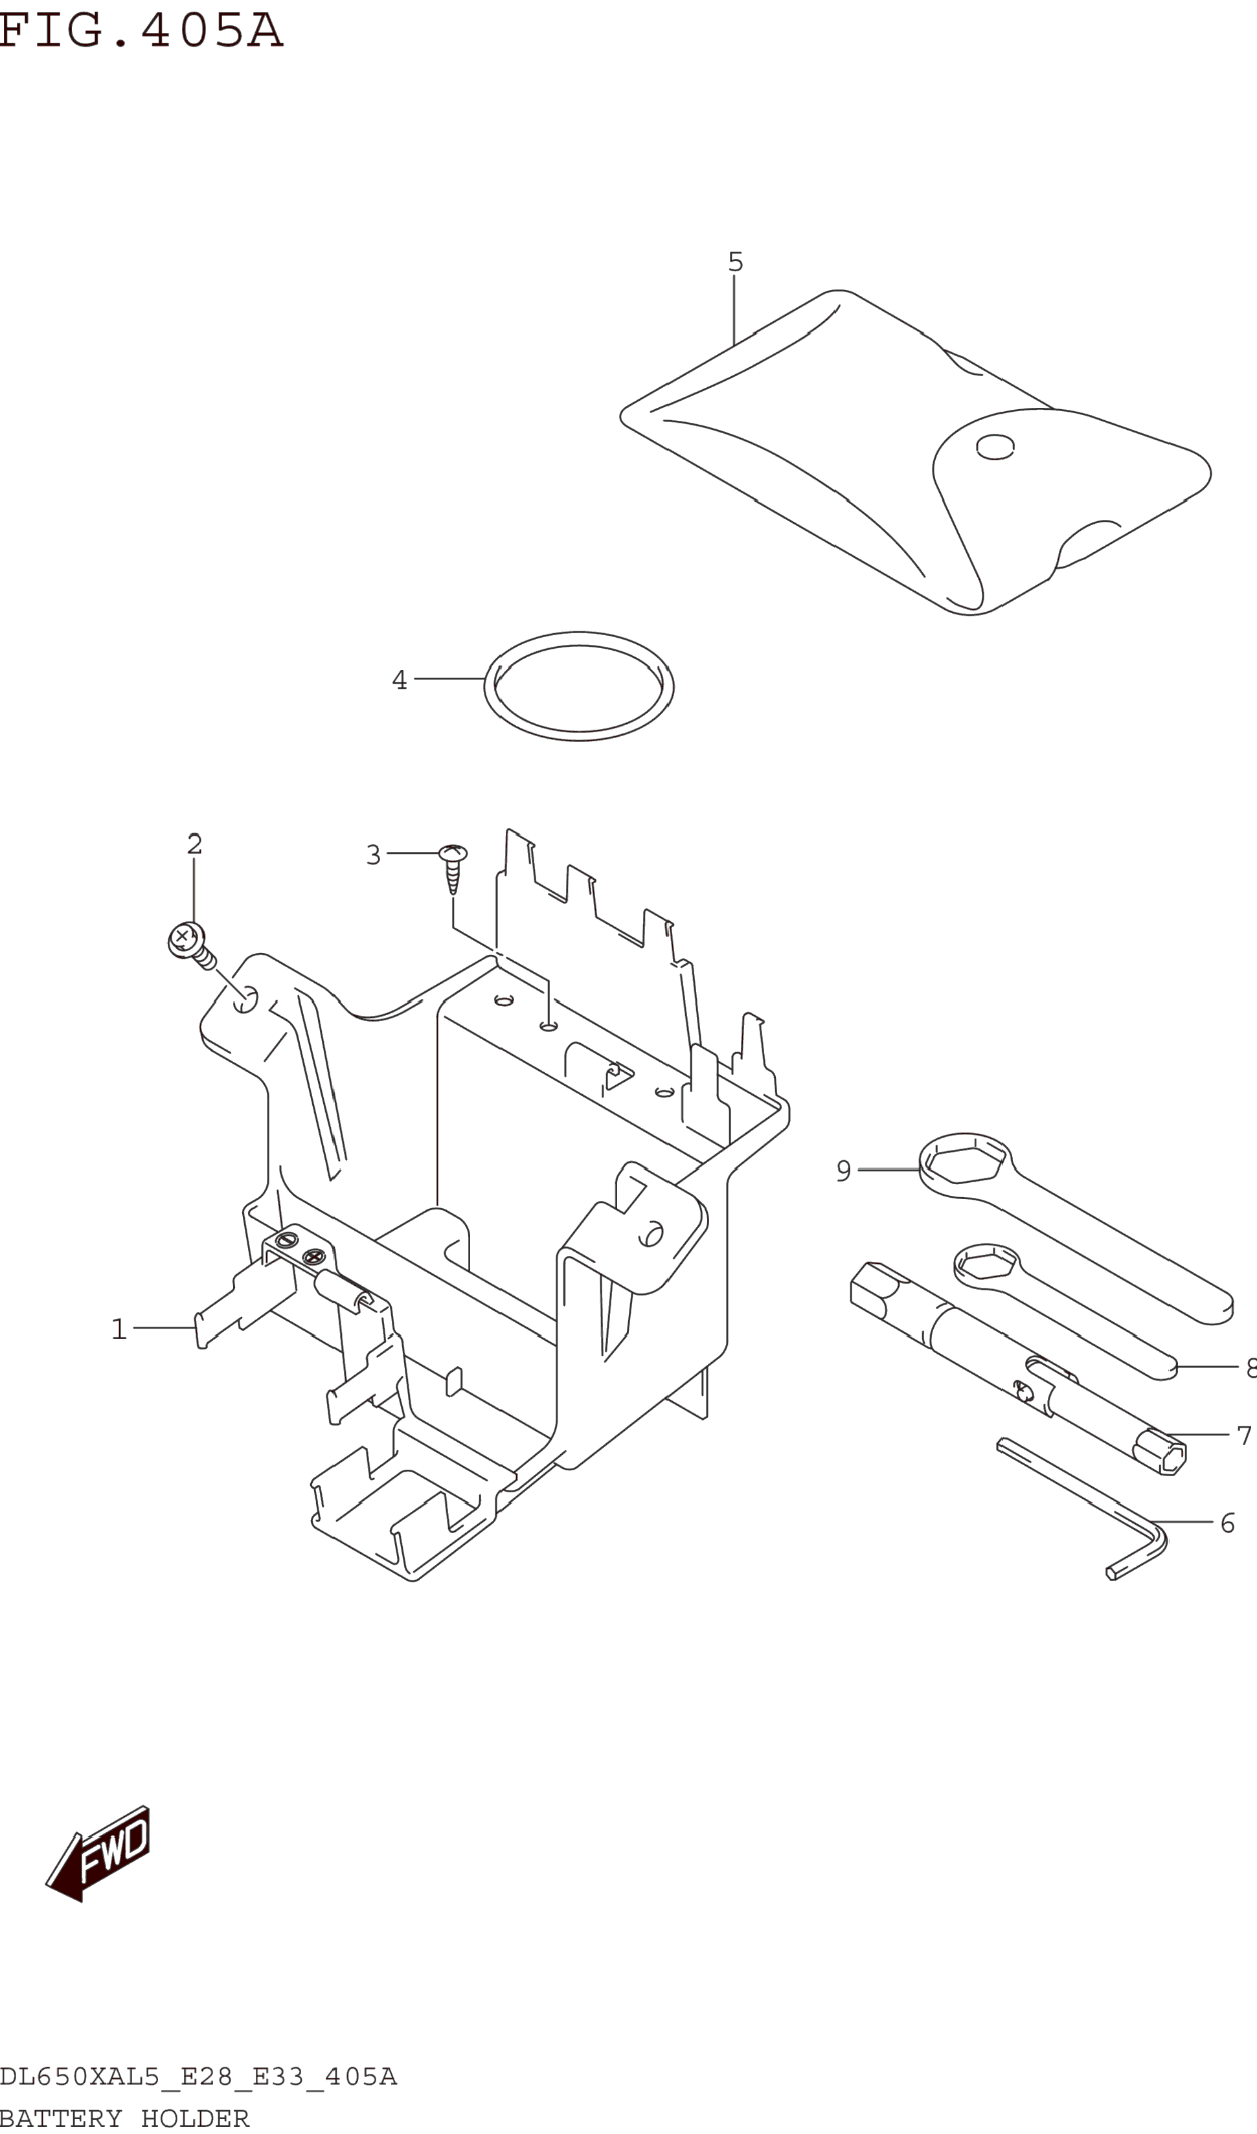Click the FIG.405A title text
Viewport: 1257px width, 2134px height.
(x=141, y=30)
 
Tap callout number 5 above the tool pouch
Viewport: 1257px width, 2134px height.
(x=735, y=262)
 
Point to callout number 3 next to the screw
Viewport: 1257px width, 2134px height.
(x=372, y=855)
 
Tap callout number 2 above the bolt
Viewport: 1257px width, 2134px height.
(x=195, y=844)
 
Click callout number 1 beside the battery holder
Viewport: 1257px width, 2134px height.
(x=119, y=1329)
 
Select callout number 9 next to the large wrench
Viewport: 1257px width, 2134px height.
(x=844, y=1171)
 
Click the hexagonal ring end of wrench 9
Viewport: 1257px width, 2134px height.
(x=965, y=1163)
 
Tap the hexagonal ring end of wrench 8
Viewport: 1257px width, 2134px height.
(x=985, y=1265)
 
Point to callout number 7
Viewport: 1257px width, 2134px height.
(x=1243, y=1435)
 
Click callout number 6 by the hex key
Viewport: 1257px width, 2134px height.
(x=1227, y=1523)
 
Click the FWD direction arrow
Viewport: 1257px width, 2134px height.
(x=102, y=1854)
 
